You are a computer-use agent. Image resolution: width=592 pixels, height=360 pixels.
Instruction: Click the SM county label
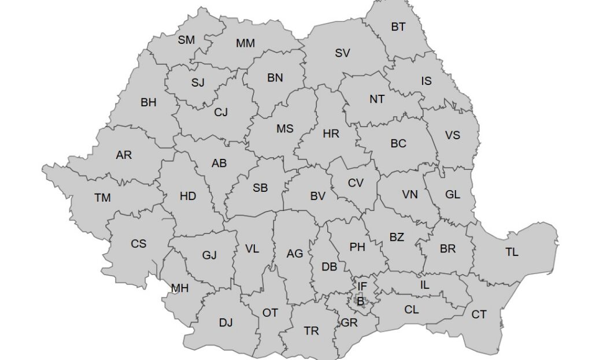click(186, 40)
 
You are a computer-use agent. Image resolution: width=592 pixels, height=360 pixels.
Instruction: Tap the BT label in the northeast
click(398, 27)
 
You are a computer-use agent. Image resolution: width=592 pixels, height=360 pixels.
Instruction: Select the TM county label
click(102, 198)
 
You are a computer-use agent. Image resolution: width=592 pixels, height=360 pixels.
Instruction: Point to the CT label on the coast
click(479, 315)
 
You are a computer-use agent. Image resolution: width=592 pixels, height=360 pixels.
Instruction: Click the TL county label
click(512, 253)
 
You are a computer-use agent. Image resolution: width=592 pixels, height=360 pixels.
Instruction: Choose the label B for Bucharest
click(360, 300)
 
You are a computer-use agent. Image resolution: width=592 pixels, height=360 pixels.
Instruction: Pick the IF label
click(362, 286)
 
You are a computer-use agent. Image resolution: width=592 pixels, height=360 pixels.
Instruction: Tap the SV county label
click(342, 53)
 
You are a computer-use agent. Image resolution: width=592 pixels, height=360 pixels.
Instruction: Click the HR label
click(331, 134)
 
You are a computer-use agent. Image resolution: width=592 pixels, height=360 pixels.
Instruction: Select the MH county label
click(180, 288)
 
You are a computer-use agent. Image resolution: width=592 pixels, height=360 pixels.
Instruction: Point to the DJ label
click(225, 323)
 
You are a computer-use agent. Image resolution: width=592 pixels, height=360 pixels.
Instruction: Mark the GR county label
click(349, 323)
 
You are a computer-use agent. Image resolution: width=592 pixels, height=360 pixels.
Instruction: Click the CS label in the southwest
click(138, 244)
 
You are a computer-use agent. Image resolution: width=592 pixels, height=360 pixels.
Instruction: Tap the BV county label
click(317, 196)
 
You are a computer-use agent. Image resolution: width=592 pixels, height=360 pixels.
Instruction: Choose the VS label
click(453, 135)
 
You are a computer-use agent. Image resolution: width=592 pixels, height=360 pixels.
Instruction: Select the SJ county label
click(198, 83)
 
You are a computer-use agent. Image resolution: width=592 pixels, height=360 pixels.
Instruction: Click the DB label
click(329, 267)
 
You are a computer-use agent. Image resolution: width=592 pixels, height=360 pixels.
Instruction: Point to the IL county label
click(425, 284)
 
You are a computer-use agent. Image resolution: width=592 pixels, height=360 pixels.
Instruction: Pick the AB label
click(219, 164)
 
